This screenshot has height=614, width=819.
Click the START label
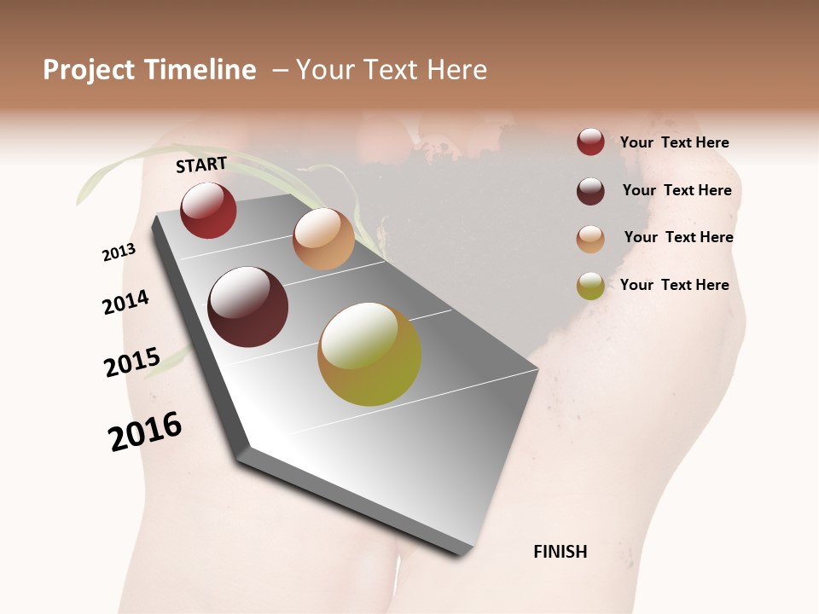coord(201,165)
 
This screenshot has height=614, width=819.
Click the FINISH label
coord(561,552)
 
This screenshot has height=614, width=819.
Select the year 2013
coord(119,252)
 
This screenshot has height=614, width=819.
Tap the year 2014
coord(125,302)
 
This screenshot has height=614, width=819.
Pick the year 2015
coord(132,362)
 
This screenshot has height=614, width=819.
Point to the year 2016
coord(146,432)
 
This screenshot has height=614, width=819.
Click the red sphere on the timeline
coord(208,211)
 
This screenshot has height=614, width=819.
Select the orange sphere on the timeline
coord(323,239)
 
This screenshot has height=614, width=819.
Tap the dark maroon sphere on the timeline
coord(248,307)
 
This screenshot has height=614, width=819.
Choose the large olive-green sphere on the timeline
coord(369,354)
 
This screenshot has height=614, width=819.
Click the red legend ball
coord(590,142)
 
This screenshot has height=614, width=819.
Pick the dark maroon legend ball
coord(590,191)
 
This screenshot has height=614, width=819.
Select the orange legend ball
coord(590,239)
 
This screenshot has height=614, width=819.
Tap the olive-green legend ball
coord(590,287)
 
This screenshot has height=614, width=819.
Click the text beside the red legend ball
coord(674,142)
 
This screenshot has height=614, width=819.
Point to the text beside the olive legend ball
coord(674,285)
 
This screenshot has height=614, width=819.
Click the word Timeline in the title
coord(200,70)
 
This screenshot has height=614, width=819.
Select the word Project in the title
coord(89,70)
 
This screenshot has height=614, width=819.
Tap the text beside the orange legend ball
coord(678,237)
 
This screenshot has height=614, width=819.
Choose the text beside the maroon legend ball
coord(677,190)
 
